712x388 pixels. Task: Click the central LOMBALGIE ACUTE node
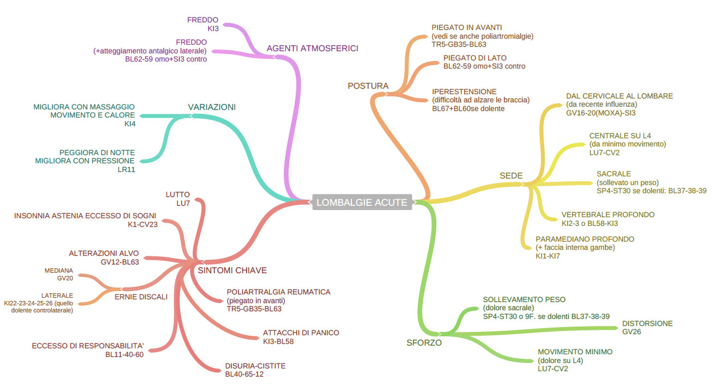(362, 202)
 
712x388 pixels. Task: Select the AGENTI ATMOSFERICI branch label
(312, 48)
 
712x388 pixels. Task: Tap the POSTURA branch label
(368, 85)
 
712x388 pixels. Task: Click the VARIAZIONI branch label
(212, 107)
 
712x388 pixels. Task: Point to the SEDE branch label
(511, 176)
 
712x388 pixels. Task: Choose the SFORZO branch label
(424, 343)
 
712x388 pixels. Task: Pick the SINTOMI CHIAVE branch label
(232, 270)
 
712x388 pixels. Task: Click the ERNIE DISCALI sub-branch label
(141, 297)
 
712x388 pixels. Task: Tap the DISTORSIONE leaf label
(647, 323)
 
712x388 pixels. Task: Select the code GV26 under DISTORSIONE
(631, 331)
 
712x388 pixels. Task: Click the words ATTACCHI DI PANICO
(301, 332)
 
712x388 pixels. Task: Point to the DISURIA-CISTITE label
(255, 366)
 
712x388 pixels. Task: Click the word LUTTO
(178, 194)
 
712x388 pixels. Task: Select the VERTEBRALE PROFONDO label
(608, 214)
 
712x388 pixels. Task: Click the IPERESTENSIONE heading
(464, 91)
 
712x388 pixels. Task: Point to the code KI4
(129, 124)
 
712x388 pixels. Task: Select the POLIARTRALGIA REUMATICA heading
(278, 292)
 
